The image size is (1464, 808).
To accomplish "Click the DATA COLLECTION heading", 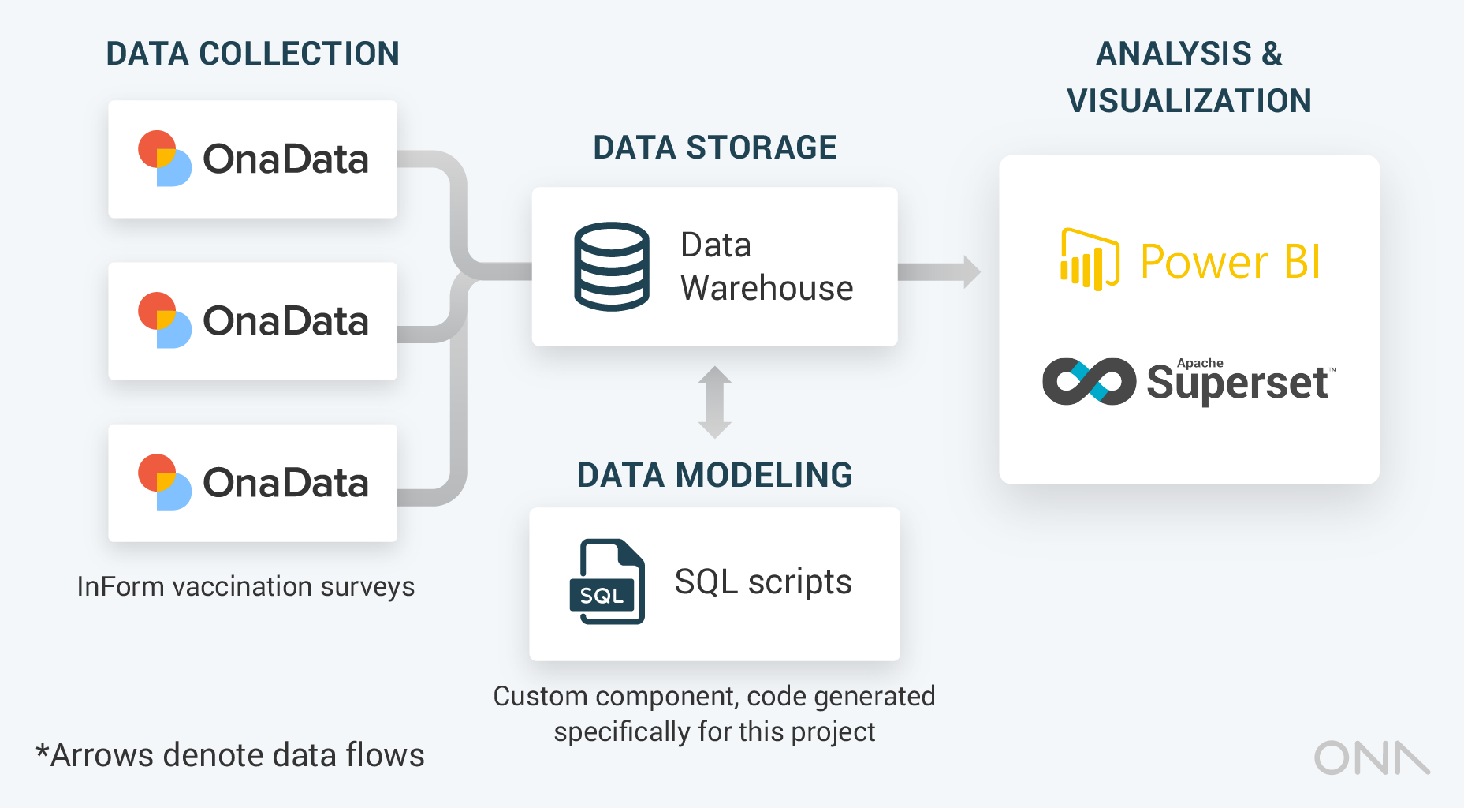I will [x=252, y=54].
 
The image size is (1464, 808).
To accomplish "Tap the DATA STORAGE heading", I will [x=714, y=148].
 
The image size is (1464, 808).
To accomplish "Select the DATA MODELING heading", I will [x=714, y=475].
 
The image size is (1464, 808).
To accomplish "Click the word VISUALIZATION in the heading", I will [x=1189, y=101].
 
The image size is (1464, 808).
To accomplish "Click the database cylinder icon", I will [x=612, y=267].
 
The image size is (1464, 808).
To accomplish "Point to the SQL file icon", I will [x=608, y=582].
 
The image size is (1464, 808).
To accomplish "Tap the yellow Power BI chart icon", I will [x=1090, y=260].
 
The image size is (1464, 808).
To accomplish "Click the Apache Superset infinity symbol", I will [x=1089, y=382].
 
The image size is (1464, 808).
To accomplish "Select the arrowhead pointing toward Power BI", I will [x=971, y=271].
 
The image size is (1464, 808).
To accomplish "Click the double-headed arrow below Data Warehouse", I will [x=715, y=402].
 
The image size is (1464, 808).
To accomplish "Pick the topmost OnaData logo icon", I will [x=164, y=159].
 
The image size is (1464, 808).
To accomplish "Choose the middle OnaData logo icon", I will [x=164, y=320].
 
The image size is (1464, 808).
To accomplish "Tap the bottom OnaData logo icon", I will [x=164, y=482].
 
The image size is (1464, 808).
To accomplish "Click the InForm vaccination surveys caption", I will [x=245, y=587].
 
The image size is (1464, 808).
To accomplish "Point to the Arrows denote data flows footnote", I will [x=230, y=755].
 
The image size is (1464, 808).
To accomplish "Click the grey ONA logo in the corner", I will [x=1372, y=758].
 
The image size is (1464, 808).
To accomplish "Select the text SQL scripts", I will [x=763, y=582].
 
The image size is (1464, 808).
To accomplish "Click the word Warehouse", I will [x=766, y=288].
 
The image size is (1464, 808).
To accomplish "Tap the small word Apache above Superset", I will [x=1200, y=363].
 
